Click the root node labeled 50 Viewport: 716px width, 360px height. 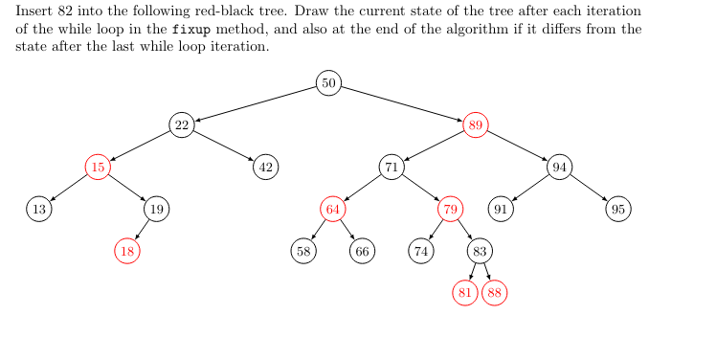(329, 83)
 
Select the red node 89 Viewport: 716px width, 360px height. (476, 125)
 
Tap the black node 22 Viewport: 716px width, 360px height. (182, 125)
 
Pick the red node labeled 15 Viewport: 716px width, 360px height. (98, 168)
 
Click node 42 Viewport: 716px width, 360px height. (266, 168)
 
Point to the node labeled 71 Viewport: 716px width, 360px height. (392, 168)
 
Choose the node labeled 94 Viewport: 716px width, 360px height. (560, 168)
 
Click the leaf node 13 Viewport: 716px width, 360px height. (38, 209)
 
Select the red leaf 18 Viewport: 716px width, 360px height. (127, 251)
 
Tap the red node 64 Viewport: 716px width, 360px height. (333, 209)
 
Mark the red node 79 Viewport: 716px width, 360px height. (451, 209)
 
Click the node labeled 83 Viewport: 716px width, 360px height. (481, 251)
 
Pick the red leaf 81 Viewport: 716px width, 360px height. (465, 293)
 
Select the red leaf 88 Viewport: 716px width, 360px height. (495, 293)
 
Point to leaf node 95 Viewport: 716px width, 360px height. (619, 209)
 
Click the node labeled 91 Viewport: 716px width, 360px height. (501, 209)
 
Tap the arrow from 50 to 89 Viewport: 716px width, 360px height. (402, 104)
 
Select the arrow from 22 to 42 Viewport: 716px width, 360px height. (224, 146)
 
